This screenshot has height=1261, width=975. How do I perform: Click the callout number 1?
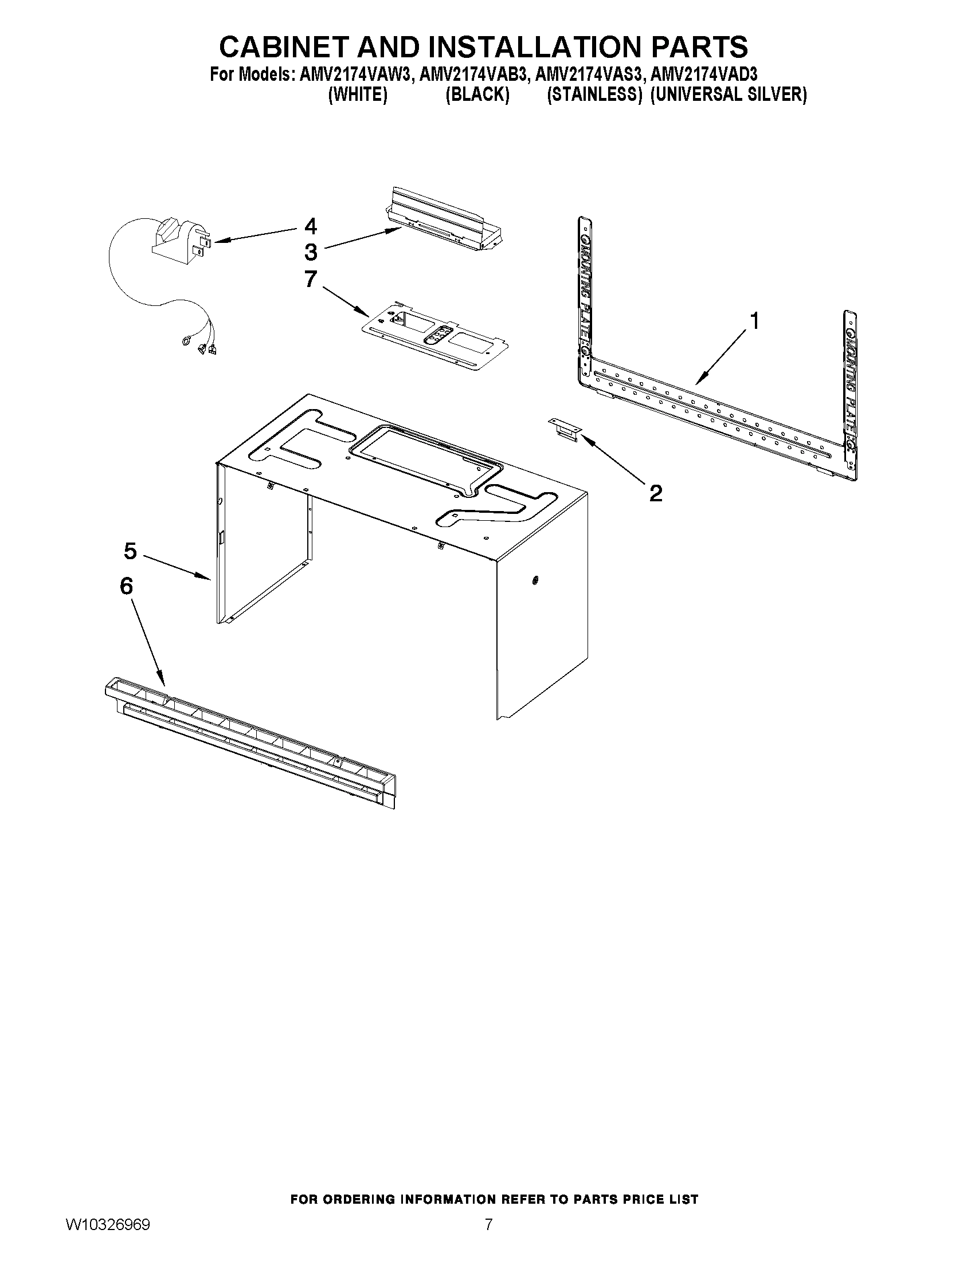pyautogui.click(x=753, y=320)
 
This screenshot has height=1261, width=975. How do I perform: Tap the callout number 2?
pyautogui.click(x=656, y=493)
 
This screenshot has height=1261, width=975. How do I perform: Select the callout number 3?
pyautogui.click(x=311, y=252)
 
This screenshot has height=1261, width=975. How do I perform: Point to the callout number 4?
pyautogui.click(x=311, y=226)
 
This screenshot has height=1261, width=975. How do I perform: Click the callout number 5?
pyautogui.click(x=131, y=551)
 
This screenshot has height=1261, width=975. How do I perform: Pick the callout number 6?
pyautogui.click(x=127, y=587)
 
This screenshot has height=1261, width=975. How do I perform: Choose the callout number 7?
pyautogui.click(x=311, y=279)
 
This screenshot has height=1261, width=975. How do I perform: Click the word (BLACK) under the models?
pyautogui.click(x=477, y=95)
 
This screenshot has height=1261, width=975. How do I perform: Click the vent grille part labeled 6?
pyautogui.click(x=248, y=742)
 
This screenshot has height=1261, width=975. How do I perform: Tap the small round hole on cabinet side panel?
pyautogui.click(x=534, y=580)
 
